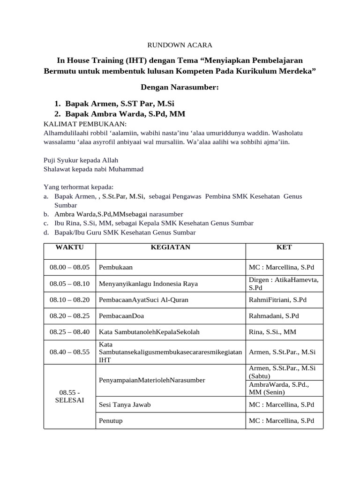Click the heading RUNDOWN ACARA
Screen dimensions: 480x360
point(180,45)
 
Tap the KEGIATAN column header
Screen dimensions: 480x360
point(170,247)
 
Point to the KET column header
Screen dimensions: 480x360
point(284,247)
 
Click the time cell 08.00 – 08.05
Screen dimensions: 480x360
point(69,267)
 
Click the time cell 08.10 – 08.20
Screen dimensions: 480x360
point(69,300)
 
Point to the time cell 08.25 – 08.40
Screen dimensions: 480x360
point(69,332)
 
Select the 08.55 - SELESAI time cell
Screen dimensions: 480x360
point(69,397)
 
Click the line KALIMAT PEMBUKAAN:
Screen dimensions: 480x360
point(85,124)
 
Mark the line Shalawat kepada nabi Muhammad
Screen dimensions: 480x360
point(93,169)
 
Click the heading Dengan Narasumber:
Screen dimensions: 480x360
point(180,88)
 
